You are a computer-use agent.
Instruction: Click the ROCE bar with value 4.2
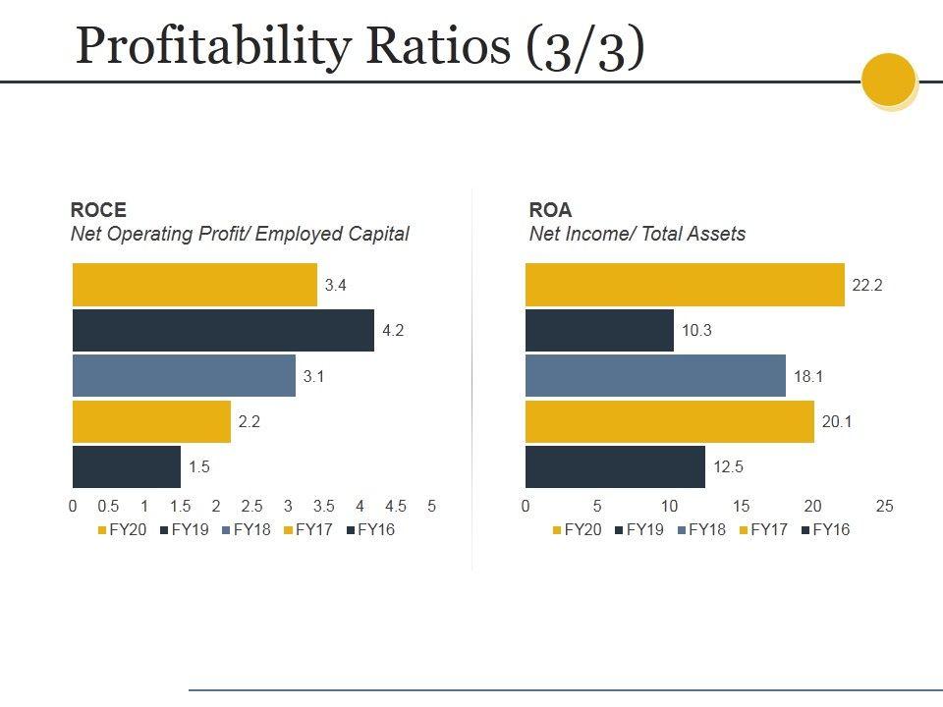coord(223,330)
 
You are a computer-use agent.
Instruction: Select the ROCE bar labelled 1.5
coord(127,467)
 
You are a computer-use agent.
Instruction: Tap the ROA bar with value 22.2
coord(685,285)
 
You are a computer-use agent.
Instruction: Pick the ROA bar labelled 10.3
coord(599,330)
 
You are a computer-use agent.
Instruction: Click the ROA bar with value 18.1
coord(655,376)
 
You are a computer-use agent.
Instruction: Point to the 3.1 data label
coord(313,376)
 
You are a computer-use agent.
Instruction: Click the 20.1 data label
coord(837,422)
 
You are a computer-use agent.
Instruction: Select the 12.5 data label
coord(728,467)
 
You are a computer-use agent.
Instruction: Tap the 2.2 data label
coord(249,422)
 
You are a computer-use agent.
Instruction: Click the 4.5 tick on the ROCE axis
coord(396,507)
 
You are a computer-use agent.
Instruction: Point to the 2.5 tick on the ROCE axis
coord(251,507)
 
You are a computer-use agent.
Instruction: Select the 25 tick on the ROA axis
coord(885,507)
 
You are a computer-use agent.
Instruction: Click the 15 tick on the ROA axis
coord(742,507)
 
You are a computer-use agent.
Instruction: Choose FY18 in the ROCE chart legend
coord(251,530)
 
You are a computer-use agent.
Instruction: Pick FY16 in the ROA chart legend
coord(831,530)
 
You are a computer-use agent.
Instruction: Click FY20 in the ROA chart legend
coord(582,530)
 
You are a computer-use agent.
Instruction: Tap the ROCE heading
coord(98,210)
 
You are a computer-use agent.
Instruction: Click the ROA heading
coord(550,210)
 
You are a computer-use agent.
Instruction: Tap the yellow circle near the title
coord(889,80)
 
